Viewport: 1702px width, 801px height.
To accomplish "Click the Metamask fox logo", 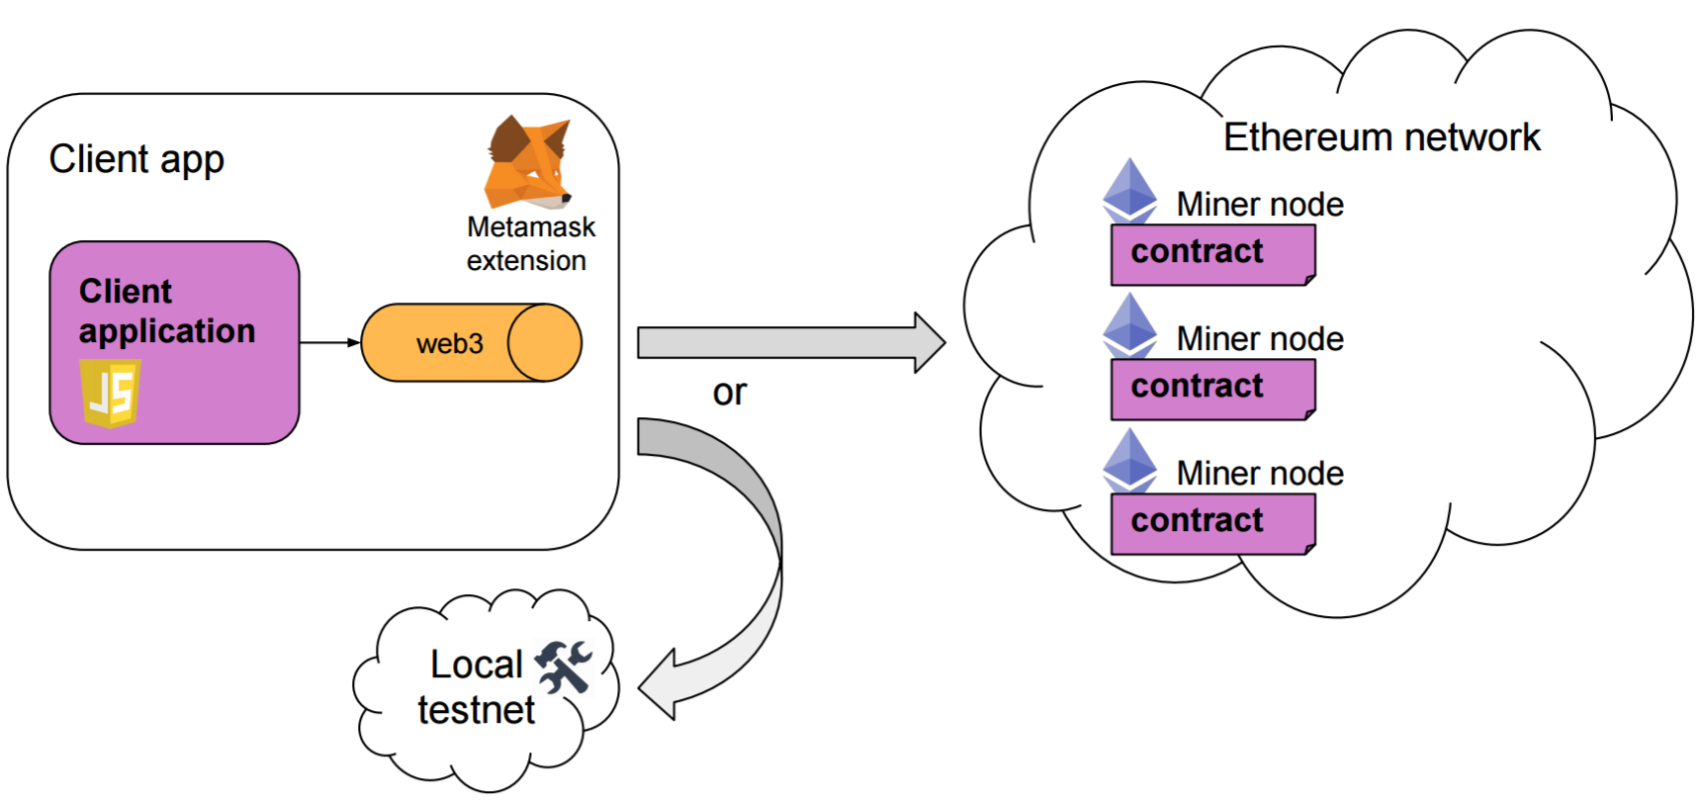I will [528, 162].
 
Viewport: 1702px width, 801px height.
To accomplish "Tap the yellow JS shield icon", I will [110, 393].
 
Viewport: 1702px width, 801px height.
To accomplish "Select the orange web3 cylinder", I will [471, 343].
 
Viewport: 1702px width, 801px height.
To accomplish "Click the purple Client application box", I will [174, 342].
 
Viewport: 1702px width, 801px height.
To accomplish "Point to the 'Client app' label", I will [136, 159].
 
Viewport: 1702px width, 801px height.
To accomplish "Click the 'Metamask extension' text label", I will [530, 243].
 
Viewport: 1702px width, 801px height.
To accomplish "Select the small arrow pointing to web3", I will [330, 343].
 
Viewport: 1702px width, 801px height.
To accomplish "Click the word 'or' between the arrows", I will [730, 393].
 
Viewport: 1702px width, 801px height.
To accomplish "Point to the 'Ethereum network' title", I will [1381, 137].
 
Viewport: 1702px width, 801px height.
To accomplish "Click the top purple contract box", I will [1212, 254].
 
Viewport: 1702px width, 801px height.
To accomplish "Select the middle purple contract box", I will [1212, 389].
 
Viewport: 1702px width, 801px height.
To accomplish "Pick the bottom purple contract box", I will [1212, 523].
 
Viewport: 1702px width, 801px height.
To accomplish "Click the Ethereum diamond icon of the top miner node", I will [1129, 190].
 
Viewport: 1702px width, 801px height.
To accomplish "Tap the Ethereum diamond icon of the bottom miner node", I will [1129, 460].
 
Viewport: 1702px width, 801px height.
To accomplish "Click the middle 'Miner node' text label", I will [1259, 339].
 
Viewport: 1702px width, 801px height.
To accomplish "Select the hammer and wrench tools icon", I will [563, 666].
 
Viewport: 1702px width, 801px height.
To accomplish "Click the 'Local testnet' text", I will [476, 687].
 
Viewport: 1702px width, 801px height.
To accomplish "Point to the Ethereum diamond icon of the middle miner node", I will [1129, 324].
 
